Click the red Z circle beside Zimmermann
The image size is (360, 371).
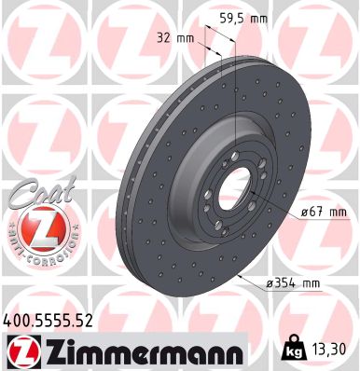tap(21, 350)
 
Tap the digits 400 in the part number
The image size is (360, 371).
tap(18, 320)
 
